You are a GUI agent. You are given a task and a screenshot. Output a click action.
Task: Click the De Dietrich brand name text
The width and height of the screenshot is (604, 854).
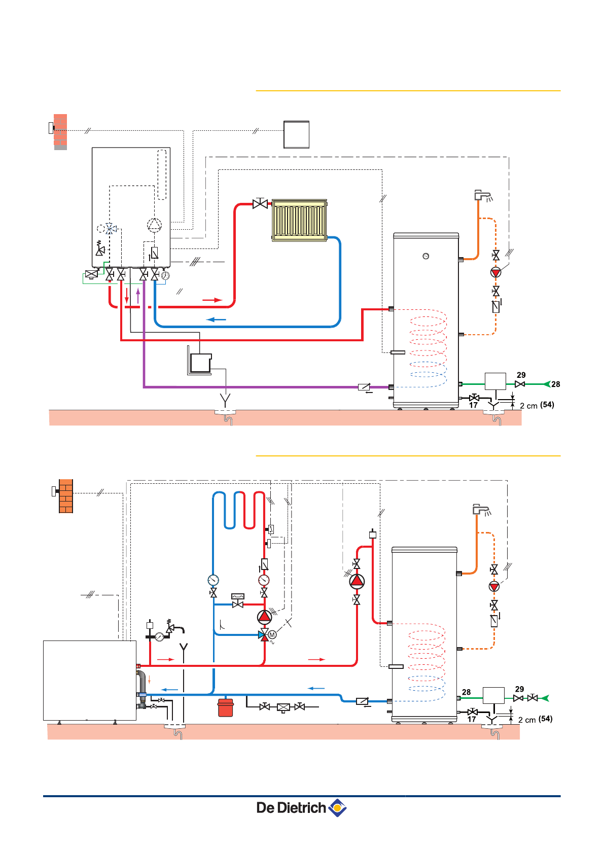pos(291,808)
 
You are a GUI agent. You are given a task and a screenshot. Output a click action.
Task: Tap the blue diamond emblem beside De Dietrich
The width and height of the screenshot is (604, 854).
pos(338,807)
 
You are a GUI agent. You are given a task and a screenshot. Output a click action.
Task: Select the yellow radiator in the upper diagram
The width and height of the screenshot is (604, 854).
pos(300,220)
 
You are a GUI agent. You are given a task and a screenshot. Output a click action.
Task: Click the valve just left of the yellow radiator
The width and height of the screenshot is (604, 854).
pos(260,204)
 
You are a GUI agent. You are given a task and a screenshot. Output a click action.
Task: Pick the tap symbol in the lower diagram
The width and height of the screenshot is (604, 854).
pos(481,510)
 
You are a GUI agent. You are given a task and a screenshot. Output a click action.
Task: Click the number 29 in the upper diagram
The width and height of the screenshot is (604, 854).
pos(521,375)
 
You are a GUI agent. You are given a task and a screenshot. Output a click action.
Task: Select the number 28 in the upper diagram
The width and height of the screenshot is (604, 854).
pos(556,384)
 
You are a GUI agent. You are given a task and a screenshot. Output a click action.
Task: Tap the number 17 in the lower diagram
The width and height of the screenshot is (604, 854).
pos(472,719)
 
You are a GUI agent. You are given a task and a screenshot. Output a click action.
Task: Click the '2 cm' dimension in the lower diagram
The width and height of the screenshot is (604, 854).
pos(527,720)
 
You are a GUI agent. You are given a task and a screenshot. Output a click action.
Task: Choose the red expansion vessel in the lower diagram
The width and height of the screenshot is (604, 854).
pos(226,707)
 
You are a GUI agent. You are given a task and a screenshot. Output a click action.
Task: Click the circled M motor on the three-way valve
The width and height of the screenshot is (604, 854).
pos(272,634)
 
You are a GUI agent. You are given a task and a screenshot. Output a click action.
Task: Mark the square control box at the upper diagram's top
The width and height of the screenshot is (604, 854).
pos(297,134)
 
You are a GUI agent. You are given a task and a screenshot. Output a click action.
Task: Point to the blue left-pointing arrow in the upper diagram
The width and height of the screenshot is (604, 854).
pos(216,319)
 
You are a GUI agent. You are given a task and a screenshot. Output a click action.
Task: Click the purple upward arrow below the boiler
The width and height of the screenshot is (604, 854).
pos(138,295)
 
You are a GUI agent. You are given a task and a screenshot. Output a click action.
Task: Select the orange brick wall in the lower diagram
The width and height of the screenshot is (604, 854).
pos(66,496)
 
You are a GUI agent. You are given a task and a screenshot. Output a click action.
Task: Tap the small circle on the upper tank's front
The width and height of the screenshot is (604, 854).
pos(426,256)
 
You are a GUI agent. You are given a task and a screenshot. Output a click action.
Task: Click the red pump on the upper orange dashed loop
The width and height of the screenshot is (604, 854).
pos(496,272)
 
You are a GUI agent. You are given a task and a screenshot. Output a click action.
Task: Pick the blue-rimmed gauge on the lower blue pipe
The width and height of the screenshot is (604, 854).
pos(213,580)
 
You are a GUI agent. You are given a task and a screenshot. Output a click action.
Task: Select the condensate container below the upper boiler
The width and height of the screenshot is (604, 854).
pos(200,363)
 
